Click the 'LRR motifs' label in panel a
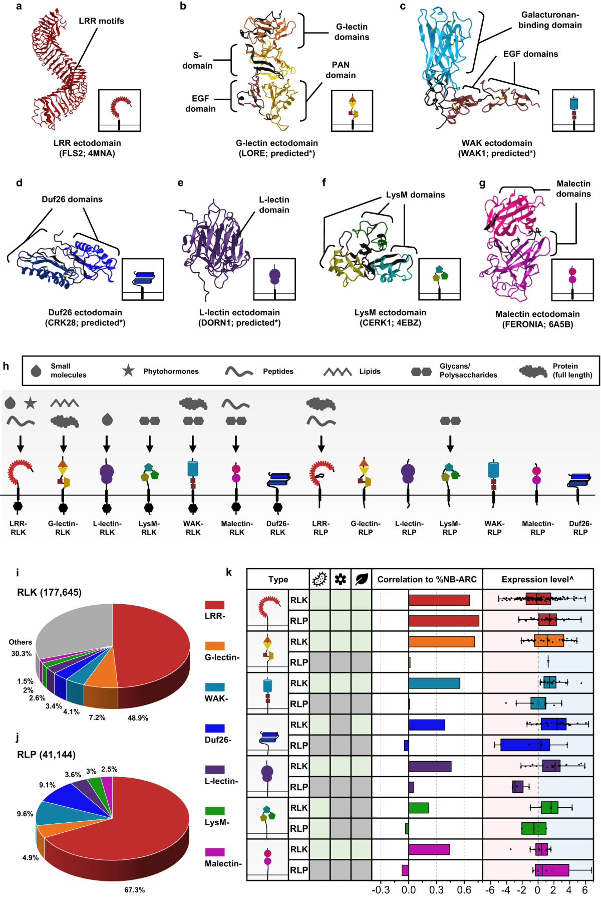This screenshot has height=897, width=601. coord(101,21)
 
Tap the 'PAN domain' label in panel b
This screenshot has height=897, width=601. coord(341,70)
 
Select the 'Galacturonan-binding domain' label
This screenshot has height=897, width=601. coord(550,20)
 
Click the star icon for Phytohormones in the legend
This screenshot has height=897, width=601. coord(129,371)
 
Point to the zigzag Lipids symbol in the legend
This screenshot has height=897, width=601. coord(338,372)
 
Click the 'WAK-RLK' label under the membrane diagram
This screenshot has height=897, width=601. coord(193,527)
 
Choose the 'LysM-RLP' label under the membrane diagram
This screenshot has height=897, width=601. coord(450,527)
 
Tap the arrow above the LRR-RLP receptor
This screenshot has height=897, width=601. coord(321,444)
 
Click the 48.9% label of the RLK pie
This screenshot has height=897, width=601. coord(138,718)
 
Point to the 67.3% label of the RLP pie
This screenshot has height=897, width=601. coord(135,889)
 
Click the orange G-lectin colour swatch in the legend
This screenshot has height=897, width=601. coord(215,646)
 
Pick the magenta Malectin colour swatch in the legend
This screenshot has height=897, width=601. coord(215,852)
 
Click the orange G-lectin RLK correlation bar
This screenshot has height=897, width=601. coord(441,641)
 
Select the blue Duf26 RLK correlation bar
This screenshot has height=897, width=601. coord(427,725)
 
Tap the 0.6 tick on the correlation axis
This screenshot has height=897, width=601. coord(464,889)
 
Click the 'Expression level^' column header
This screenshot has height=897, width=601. coord(537,579)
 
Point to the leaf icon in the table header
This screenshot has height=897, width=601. coord(361,579)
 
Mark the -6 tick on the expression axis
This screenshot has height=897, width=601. coord(490,889)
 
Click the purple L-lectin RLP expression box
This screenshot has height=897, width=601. coord(518,787)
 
